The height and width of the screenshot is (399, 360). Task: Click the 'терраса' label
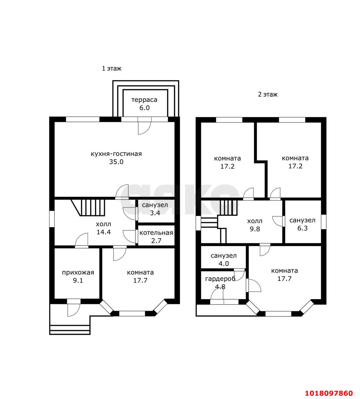[x=144, y=100]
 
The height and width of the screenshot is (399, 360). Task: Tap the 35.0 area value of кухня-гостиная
[x=116, y=162]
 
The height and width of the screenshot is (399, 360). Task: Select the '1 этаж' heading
[x=112, y=69]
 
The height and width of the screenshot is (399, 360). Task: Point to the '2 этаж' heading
[x=268, y=94]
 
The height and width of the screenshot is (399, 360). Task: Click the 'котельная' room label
[x=156, y=233]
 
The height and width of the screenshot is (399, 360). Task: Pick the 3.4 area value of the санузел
[x=155, y=213]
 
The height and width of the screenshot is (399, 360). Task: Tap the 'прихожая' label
[x=78, y=272]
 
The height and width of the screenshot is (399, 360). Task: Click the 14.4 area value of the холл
[x=104, y=232]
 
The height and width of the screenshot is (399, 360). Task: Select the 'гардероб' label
[x=220, y=279]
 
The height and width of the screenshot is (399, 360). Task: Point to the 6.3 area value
[x=303, y=228]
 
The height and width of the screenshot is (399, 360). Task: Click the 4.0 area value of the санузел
[x=224, y=263]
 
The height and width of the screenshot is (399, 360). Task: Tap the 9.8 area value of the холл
[x=255, y=229]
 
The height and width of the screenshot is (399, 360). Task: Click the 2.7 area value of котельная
[x=156, y=241]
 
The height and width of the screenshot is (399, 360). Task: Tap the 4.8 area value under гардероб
[x=220, y=287]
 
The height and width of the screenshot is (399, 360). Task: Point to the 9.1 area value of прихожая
[x=78, y=281]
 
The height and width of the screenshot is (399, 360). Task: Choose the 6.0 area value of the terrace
[x=144, y=108]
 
